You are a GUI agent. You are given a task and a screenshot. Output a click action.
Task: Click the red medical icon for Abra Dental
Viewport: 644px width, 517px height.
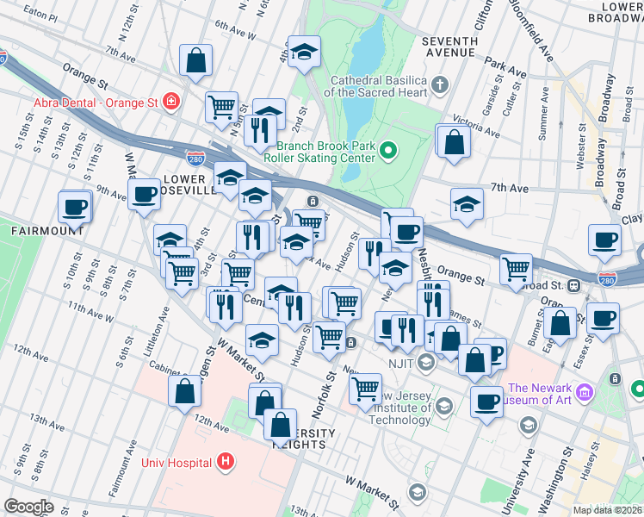coord(171,102)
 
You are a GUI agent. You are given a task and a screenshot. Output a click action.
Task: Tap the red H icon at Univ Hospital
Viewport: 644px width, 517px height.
coord(226,462)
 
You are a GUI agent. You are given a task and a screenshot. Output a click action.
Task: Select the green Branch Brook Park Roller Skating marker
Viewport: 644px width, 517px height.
coord(387,152)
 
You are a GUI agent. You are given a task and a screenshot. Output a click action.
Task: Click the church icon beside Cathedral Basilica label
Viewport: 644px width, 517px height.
coord(440,84)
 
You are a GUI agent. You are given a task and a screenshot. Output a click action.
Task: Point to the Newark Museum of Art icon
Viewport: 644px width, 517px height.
coord(585,393)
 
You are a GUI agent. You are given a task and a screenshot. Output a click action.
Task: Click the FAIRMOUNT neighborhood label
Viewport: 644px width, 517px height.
coord(47,231)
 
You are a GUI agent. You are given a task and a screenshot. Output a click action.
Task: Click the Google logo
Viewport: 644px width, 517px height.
coord(28,507)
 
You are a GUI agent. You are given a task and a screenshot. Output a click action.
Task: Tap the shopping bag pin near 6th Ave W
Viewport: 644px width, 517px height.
coord(196,61)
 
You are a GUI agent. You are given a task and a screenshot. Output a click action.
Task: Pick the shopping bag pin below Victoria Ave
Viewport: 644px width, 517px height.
coord(454,142)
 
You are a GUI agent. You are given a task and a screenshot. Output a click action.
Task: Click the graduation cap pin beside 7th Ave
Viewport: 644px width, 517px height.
coord(467,205)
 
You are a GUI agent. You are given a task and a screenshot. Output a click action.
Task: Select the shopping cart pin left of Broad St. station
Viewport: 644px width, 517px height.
coord(516,269)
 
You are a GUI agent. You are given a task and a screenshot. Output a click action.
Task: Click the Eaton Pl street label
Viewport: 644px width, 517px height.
coord(41,16)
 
